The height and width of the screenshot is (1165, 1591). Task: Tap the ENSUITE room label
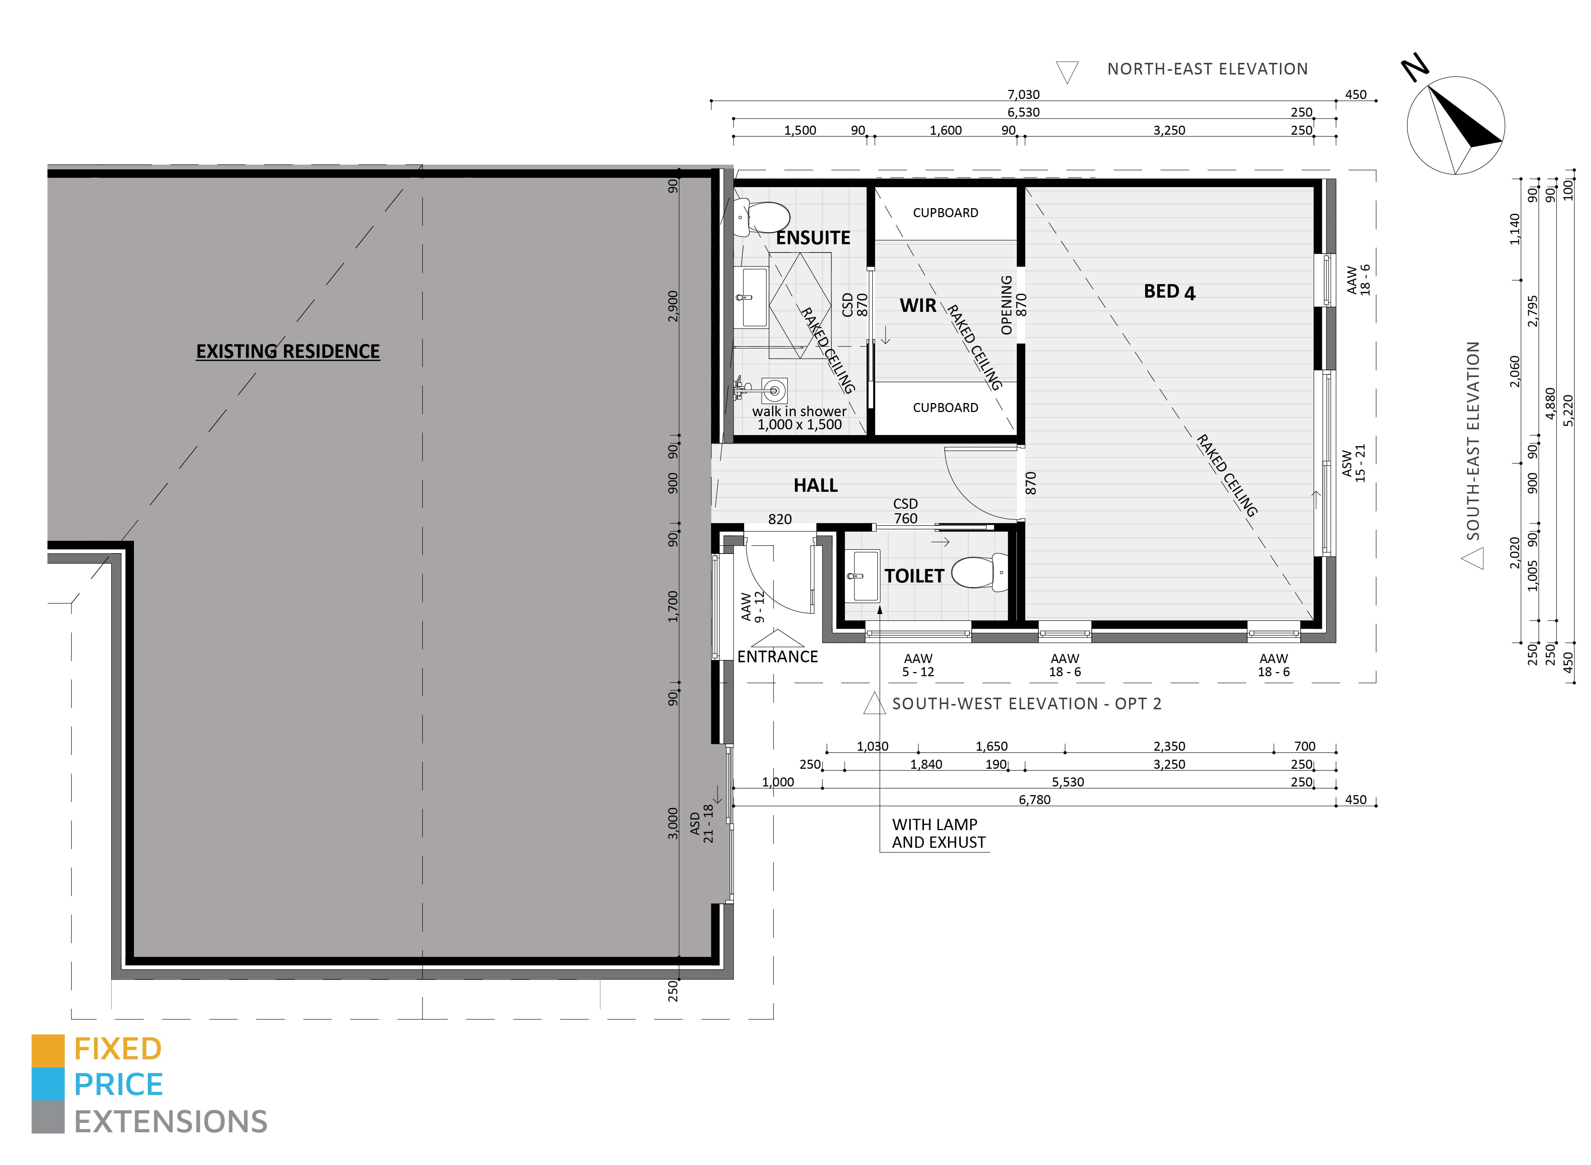click(x=813, y=238)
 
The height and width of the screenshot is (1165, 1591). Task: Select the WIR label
click(x=918, y=305)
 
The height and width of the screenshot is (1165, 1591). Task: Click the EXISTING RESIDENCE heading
click(x=287, y=351)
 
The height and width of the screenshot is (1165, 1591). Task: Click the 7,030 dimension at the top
click(x=1023, y=94)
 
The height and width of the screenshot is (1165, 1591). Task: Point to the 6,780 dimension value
click(x=1034, y=800)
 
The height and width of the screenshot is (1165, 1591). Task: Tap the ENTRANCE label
click(x=778, y=657)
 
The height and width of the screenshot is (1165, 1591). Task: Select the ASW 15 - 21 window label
click(x=1354, y=462)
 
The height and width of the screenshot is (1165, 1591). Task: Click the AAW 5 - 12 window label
click(x=918, y=665)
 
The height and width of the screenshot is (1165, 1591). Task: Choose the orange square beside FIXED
click(x=48, y=1051)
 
